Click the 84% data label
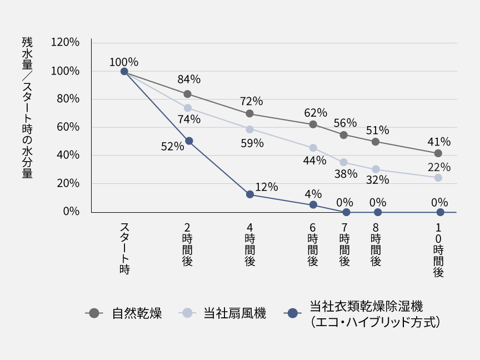[x=189, y=79]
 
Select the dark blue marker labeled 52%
[x=189, y=141]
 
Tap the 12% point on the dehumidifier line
[x=250, y=194]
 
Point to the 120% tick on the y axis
[x=65, y=43]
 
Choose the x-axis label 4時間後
[x=250, y=244]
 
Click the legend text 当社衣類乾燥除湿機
[x=366, y=306]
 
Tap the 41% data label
[x=439, y=142]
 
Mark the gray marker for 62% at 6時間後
[x=313, y=124]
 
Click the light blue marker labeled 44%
[x=313, y=148]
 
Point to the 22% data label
[x=439, y=167]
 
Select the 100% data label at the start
[x=124, y=62]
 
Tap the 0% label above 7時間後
[x=345, y=202]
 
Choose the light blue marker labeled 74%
[x=188, y=108]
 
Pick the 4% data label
[x=313, y=194]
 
